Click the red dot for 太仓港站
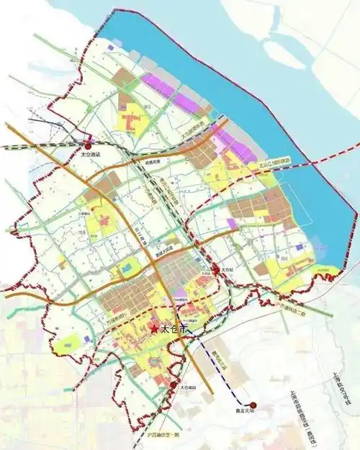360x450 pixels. pos(88,145)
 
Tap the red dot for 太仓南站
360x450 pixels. pos(173,386)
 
